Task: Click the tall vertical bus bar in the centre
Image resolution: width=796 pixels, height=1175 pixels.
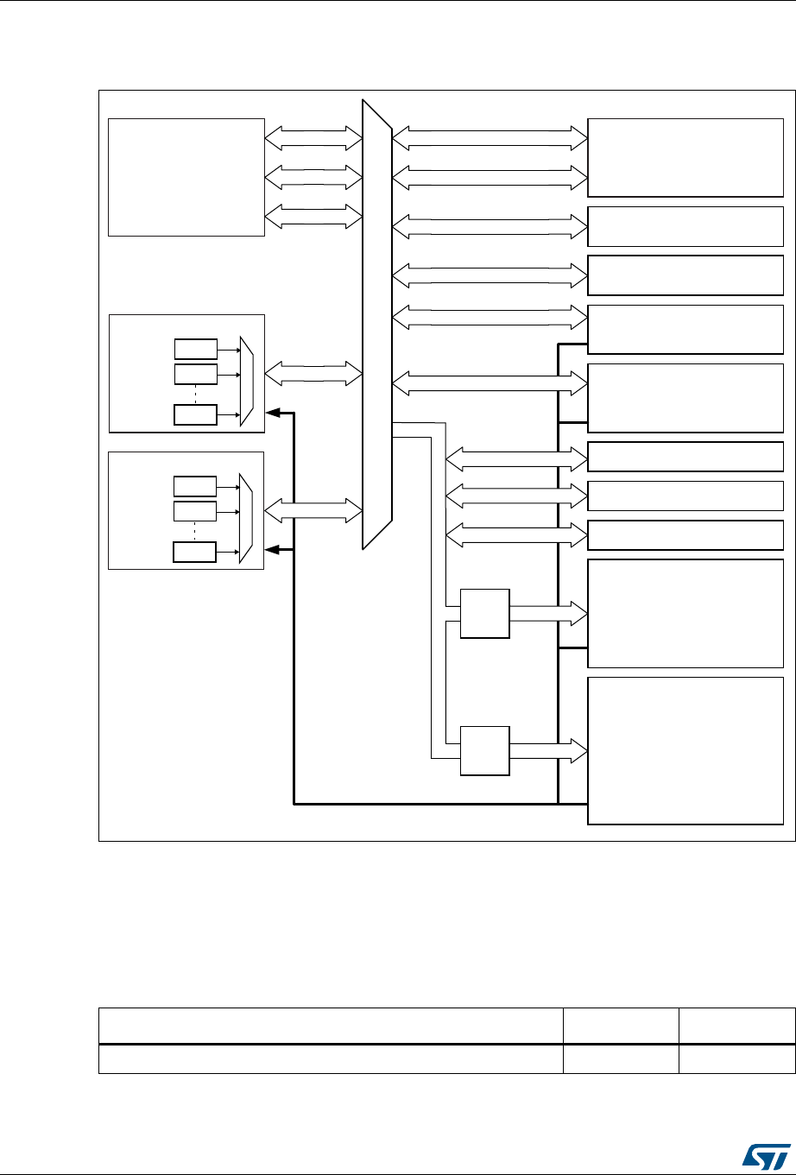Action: point(376,324)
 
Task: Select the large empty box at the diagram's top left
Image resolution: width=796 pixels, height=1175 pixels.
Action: point(186,177)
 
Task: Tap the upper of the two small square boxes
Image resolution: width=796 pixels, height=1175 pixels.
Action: point(485,614)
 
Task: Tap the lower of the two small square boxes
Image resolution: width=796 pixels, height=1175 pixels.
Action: point(485,750)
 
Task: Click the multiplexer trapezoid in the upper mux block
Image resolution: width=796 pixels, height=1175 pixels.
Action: point(247,382)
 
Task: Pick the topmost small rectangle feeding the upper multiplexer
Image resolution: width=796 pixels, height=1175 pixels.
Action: point(196,350)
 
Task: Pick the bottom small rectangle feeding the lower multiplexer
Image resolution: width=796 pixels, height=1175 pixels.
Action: point(195,551)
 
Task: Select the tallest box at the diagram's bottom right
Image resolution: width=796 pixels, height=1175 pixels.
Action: point(685,750)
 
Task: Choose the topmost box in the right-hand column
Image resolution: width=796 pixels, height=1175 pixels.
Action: point(685,158)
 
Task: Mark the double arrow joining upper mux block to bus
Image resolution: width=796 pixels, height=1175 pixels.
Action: point(313,374)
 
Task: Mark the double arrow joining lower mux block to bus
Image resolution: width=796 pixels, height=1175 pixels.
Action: point(313,510)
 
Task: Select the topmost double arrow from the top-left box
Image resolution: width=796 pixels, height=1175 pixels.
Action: point(313,136)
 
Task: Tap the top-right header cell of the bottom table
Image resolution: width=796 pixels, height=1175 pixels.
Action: point(736,1026)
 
